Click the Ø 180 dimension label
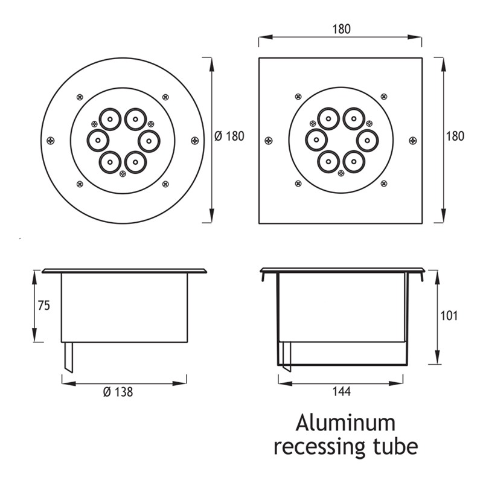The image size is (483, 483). [x=229, y=136]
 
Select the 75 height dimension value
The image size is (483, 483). [x=43, y=306]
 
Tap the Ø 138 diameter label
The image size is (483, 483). [x=118, y=392]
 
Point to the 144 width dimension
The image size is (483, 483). [x=342, y=392]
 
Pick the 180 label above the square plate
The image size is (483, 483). [x=341, y=29]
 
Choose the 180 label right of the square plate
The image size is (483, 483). [x=455, y=136]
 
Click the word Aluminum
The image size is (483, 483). [x=345, y=423]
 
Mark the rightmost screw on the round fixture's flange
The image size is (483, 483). [x=194, y=141]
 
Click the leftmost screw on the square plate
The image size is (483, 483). [x=269, y=141]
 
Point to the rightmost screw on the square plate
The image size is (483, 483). [x=412, y=141]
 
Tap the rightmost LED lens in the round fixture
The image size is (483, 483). [x=149, y=141]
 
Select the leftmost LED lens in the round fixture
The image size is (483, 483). [x=97, y=141]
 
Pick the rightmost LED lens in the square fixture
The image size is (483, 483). [x=366, y=141]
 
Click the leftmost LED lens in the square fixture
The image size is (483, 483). [x=316, y=141]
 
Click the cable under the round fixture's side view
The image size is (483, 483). [x=68, y=357]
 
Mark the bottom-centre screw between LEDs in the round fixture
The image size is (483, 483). [x=123, y=173]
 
